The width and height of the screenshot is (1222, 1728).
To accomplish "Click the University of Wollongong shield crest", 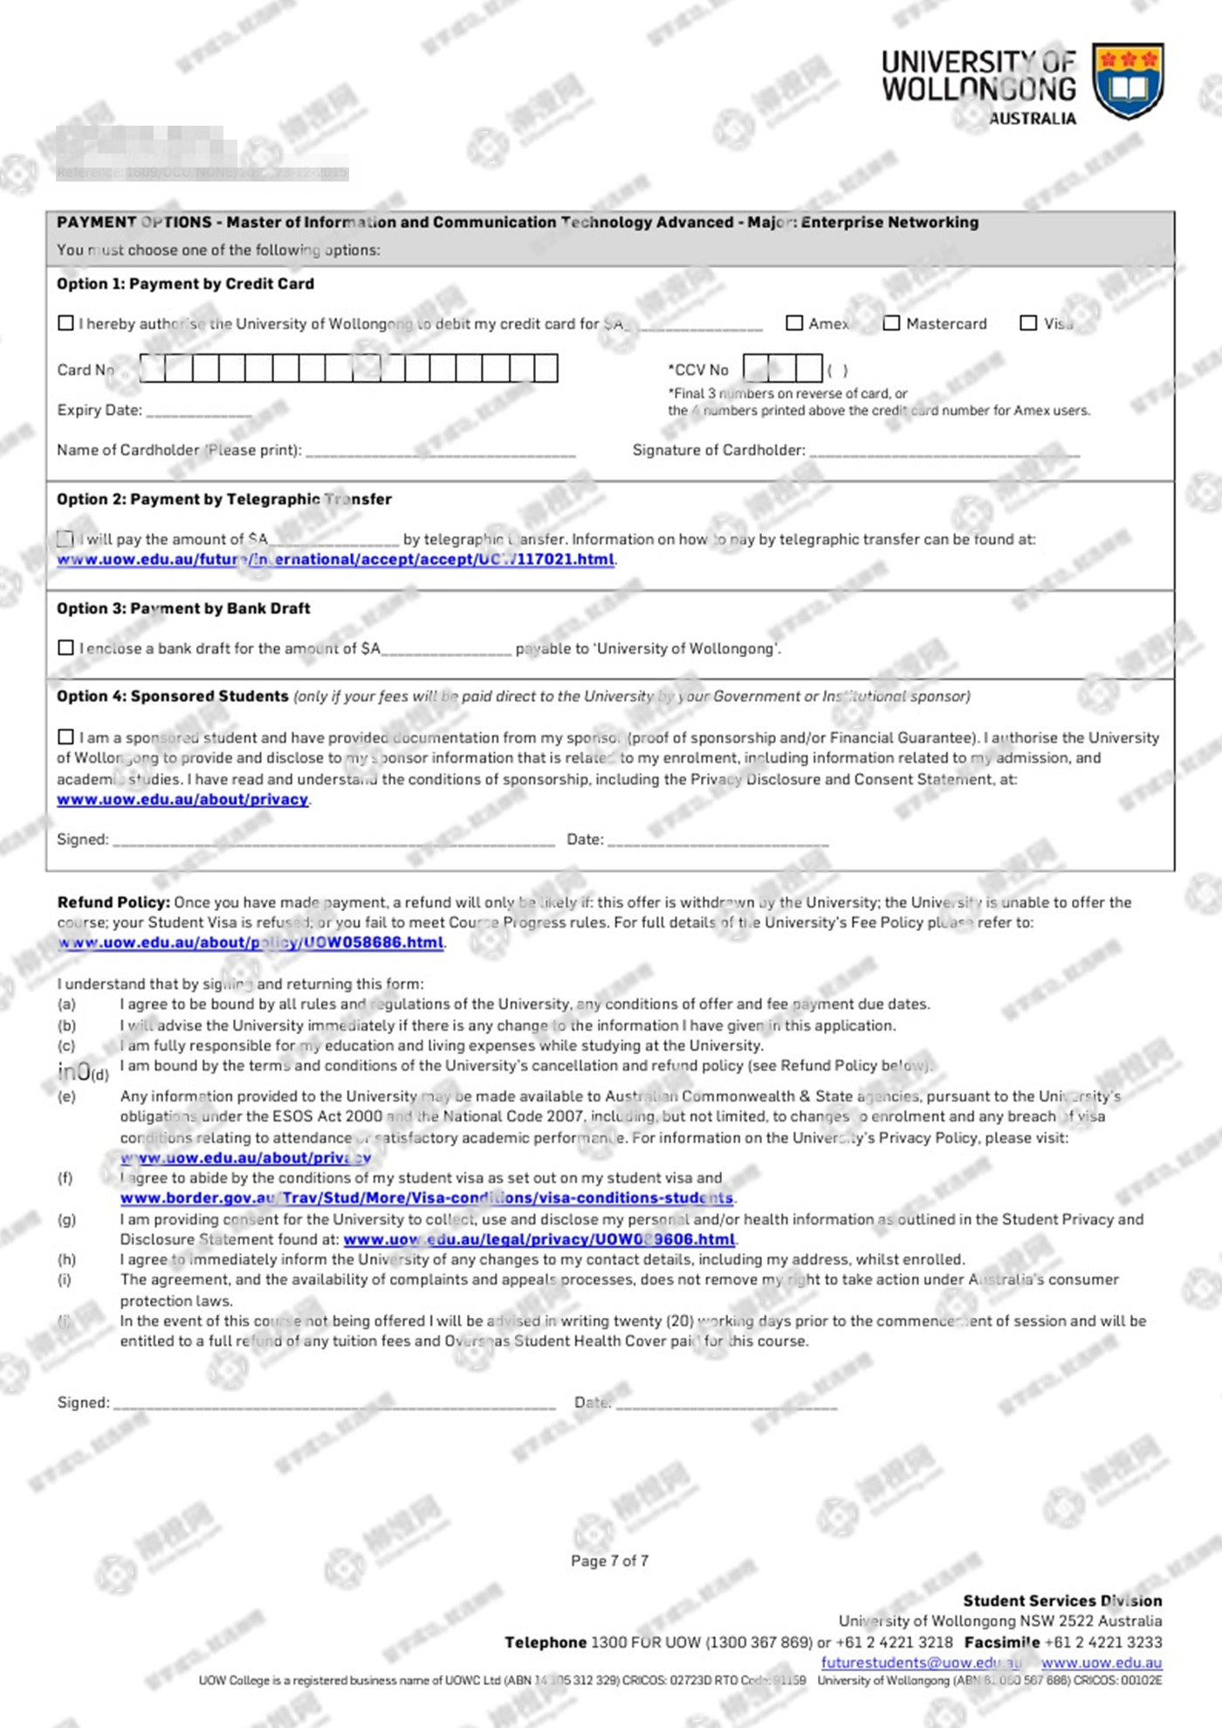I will tap(1128, 80).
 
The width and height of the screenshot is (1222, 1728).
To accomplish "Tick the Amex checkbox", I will tap(794, 323).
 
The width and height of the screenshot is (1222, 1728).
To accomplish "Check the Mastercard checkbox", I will tap(891, 323).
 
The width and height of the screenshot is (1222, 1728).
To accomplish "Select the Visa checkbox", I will tap(1028, 323).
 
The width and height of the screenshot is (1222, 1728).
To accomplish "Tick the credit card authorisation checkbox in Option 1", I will tap(65, 323).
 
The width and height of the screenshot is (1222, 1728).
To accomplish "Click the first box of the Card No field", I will tap(153, 368).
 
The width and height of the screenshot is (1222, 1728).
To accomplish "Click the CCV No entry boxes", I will tap(782, 368).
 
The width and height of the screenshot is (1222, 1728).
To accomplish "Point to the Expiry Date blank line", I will tap(199, 411).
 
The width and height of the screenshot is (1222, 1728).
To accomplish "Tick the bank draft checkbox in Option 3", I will tap(65, 648).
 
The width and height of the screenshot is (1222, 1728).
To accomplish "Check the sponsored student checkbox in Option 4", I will tap(65, 737).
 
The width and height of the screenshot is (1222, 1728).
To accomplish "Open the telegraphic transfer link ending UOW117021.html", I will tap(336, 559).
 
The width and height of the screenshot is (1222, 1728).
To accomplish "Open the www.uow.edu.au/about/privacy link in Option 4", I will tap(182, 799).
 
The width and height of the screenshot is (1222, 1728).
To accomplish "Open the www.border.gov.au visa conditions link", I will tap(427, 1198).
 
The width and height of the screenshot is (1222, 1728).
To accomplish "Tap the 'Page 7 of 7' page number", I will tap(609, 1560).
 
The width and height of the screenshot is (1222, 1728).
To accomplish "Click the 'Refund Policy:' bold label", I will tap(113, 902).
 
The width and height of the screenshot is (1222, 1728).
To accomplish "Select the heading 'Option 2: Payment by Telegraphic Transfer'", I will tap(224, 499).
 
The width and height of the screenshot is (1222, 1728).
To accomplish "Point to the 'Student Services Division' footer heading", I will tap(1062, 1601).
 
